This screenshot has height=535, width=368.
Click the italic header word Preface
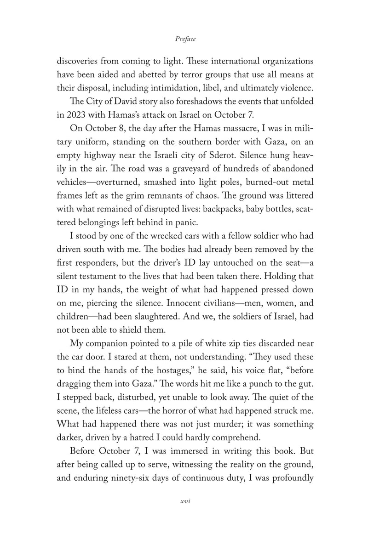pyautogui.click(x=185, y=39)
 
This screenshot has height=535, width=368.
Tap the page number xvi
pyautogui.click(x=185, y=501)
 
